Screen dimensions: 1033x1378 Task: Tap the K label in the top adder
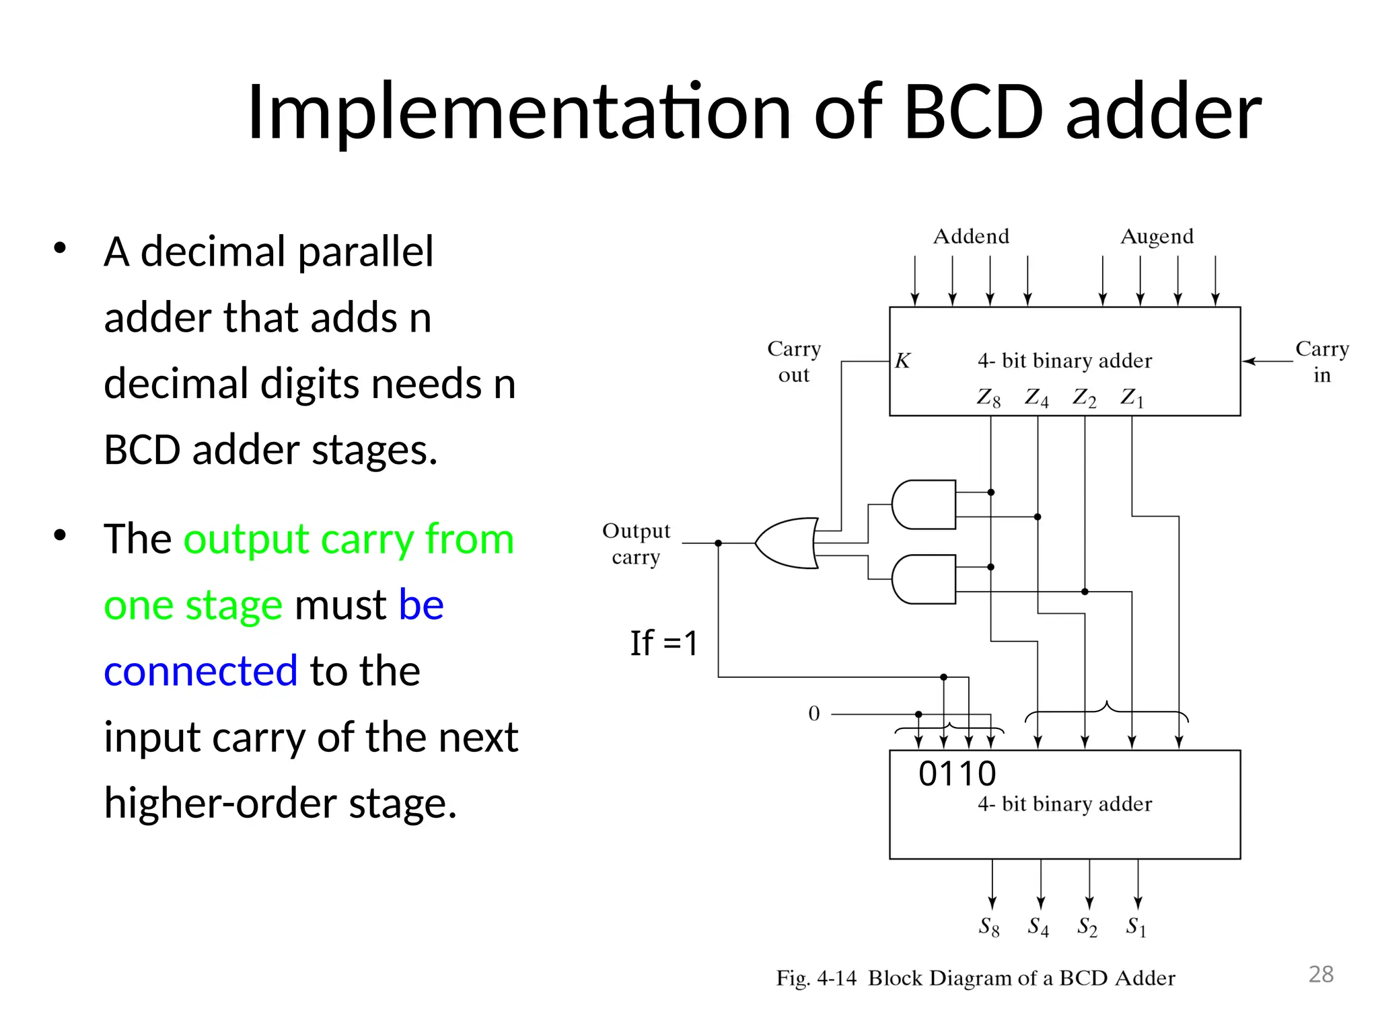coord(902,361)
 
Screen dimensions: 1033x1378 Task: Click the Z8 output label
coord(988,398)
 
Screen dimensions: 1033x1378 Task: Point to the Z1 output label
coord(1132,398)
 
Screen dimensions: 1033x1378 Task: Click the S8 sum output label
coord(988,927)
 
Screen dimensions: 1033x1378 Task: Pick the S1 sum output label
coord(1136,927)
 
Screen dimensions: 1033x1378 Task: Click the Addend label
coord(971,237)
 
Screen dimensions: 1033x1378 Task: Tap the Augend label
coord(1157,237)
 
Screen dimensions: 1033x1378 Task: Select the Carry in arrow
coord(1266,361)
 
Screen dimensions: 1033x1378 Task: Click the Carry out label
coord(794,362)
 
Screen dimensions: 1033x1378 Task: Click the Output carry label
coord(636,543)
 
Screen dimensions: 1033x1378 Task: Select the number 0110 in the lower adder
coord(957,774)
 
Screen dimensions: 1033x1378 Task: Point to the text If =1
coord(664,643)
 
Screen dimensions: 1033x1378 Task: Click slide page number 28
coord(1321,974)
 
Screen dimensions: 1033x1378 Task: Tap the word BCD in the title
coord(973,112)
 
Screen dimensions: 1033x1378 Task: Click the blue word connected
coord(201,671)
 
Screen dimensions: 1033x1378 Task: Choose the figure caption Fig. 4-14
coord(816,978)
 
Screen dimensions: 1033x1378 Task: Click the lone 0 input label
coord(814,714)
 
